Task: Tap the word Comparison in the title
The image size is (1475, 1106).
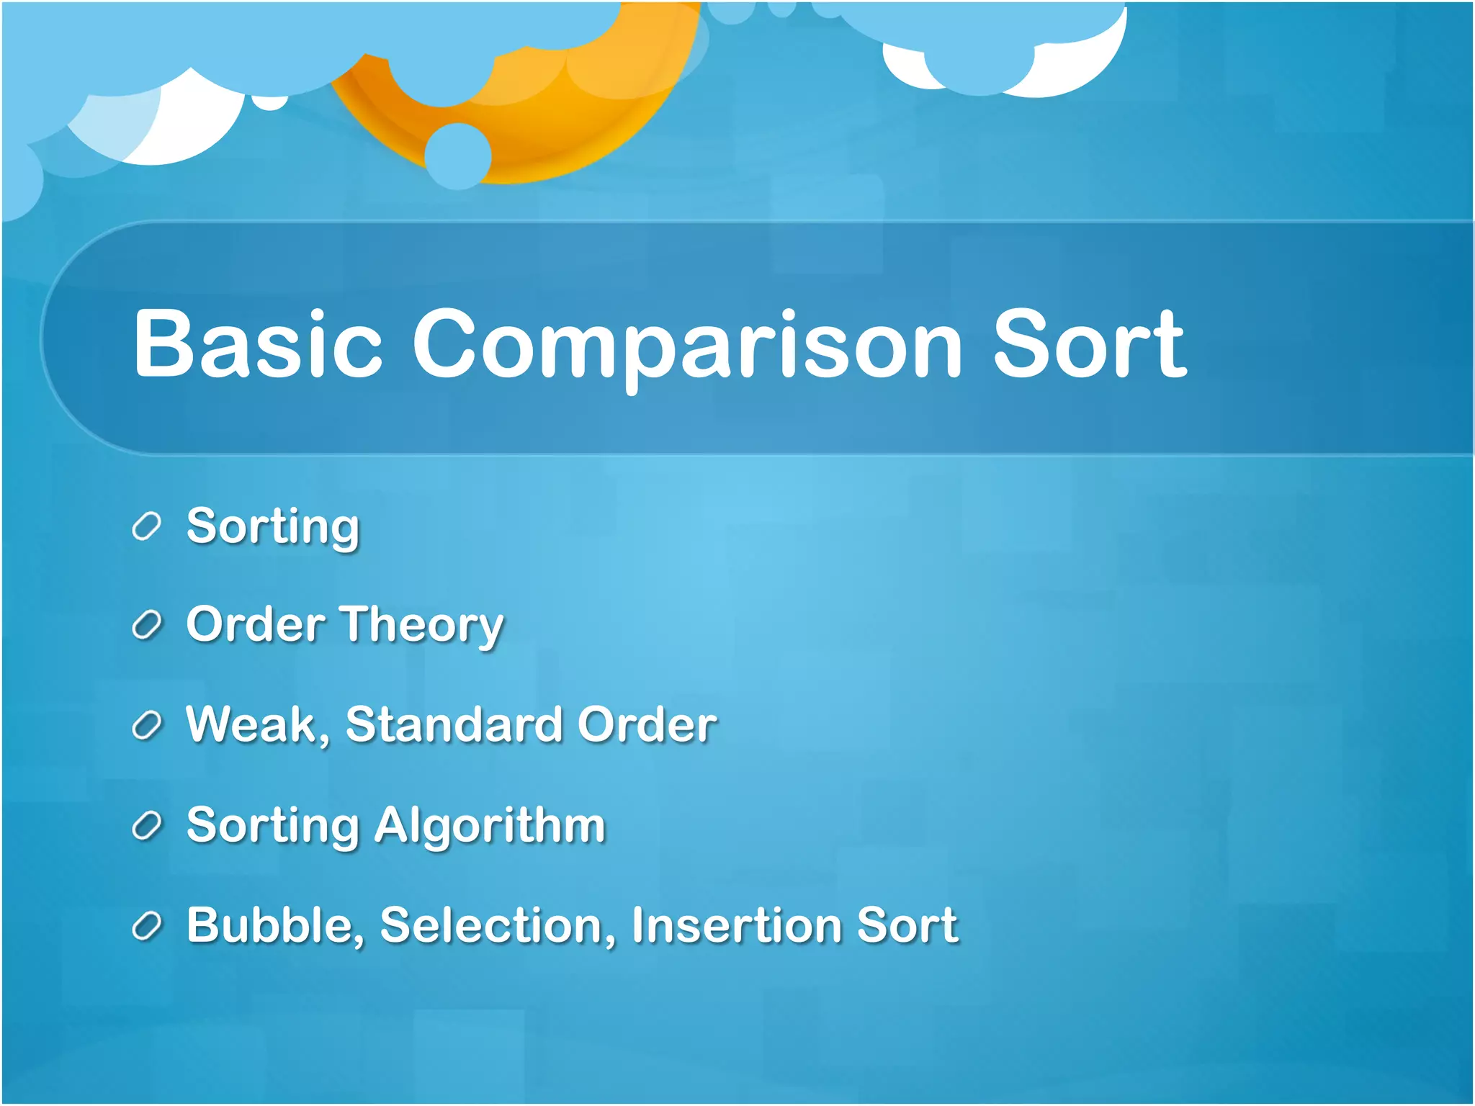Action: pyautogui.click(x=686, y=346)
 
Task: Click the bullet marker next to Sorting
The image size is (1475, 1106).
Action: pyautogui.click(x=146, y=526)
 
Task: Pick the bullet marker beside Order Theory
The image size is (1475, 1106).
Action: pyautogui.click(x=146, y=625)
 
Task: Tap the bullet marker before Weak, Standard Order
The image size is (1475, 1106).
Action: pyautogui.click(x=146, y=725)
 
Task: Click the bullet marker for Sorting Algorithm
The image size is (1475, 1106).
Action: pyautogui.click(x=146, y=825)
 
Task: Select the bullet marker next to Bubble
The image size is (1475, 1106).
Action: pyautogui.click(x=146, y=925)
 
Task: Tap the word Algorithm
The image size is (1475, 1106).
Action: pyautogui.click(x=490, y=825)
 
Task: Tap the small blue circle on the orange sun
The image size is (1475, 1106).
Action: pyautogui.click(x=458, y=156)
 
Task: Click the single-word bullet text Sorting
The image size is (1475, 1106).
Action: pyautogui.click(x=272, y=527)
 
